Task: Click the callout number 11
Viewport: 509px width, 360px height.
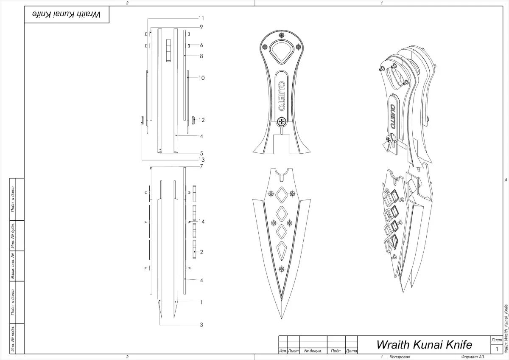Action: tap(201, 18)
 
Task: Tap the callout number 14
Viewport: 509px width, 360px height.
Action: tap(202, 222)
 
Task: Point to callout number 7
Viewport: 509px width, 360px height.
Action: tap(201, 166)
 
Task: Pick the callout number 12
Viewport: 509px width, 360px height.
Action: tap(202, 120)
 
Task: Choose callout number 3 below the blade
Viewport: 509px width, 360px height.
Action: tap(201, 325)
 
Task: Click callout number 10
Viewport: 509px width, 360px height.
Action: tap(202, 78)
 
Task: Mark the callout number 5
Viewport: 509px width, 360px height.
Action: tap(201, 153)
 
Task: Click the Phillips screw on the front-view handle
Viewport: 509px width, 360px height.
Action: tap(281, 122)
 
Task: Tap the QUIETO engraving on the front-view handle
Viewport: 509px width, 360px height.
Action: tap(281, 96)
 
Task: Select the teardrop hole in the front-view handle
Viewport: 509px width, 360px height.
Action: tap(281, 51)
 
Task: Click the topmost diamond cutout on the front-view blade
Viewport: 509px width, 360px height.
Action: tap(281, 195)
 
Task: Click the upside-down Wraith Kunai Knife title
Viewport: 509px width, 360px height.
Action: tap(66, 14)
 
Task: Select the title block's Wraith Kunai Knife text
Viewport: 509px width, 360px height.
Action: tap(424, 344)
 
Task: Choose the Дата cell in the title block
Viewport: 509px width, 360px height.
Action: tap(351, 351)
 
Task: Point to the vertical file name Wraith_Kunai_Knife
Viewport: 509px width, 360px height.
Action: tap(506, 328)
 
